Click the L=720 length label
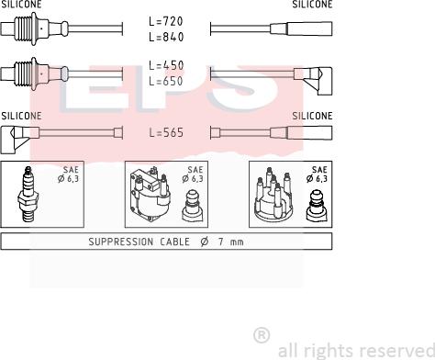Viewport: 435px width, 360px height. pos(166,21)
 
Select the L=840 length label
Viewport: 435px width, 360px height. pos(166,37)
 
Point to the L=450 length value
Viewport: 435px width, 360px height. pos(166,65)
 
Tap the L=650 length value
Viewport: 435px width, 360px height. pos(166,81)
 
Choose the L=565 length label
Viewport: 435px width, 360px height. pos(166,132)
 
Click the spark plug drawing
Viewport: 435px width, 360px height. pos(28,194)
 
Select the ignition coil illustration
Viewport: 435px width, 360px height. pos(150,194)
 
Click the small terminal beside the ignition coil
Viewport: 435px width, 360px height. pos(193,206)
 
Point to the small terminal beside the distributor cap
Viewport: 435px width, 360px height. pos(317,206)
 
